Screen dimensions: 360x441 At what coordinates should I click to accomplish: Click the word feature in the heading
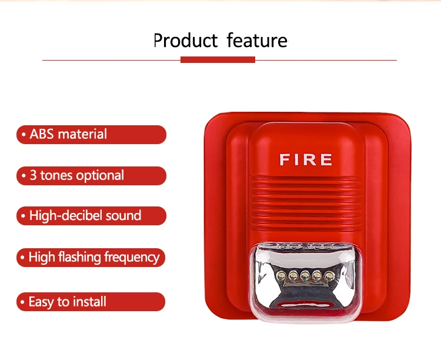point(257,41)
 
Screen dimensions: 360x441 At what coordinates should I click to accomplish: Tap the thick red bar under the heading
point(218,59)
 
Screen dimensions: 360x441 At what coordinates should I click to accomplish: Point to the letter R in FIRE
point(310,159)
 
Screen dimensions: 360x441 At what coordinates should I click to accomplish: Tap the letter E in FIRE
point(326,159)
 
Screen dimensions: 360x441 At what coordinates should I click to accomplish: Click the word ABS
point(42,134)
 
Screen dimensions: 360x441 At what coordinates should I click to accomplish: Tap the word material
point(82,134)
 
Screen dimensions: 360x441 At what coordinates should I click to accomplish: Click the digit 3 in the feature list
point(34,175)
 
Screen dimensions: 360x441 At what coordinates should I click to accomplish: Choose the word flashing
point(82,257)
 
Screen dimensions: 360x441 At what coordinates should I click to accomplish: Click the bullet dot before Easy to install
point(24,302)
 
